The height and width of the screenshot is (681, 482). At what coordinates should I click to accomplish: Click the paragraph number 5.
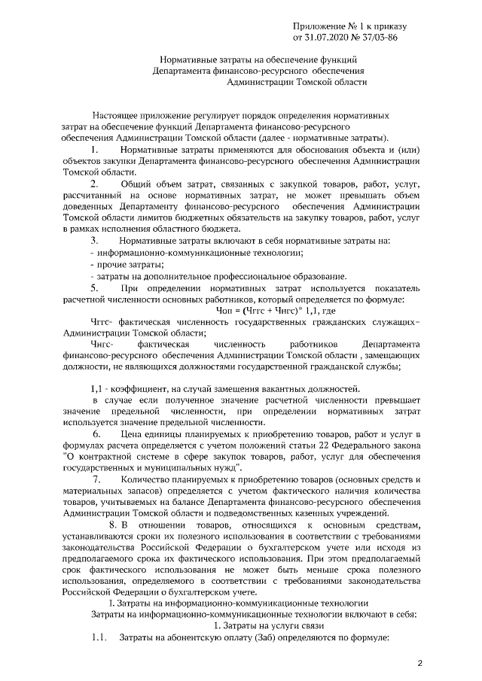point(94,288)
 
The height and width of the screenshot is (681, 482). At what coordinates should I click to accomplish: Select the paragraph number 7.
point(96,479)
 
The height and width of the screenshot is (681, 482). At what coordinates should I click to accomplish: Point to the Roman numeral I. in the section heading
point(111,603)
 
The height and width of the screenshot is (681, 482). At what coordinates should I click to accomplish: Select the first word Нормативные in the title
point(190,58)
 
